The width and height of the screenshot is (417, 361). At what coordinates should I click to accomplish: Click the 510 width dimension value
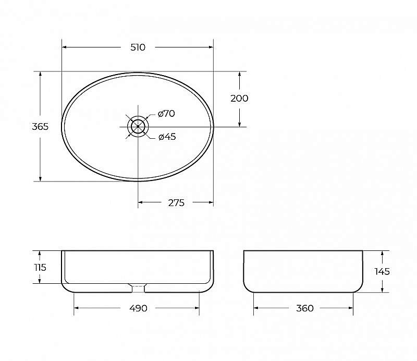(x=138, y=47)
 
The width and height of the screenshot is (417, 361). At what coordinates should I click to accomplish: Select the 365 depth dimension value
(x=40, y=127)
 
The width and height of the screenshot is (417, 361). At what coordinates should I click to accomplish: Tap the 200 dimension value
(x=239, y=99)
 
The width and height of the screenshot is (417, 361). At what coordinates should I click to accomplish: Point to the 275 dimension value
(x=176, y=203)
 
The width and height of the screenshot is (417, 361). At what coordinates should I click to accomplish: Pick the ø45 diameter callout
(x=167, y=137)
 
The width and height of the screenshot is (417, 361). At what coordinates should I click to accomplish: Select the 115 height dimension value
(x=40, y=267)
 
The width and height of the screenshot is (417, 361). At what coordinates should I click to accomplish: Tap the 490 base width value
(x=137, y=308)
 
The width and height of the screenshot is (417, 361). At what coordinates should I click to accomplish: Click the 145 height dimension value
(x=382, y=271)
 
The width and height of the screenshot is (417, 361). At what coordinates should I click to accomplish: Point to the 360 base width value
(x=304, y=308)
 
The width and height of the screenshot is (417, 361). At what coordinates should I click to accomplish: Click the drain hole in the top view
(x=138, y=126)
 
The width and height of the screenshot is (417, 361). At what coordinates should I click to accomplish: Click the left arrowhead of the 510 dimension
(x=65, y=47)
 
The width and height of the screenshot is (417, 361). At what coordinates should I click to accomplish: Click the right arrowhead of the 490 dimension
(x=197, y=308)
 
